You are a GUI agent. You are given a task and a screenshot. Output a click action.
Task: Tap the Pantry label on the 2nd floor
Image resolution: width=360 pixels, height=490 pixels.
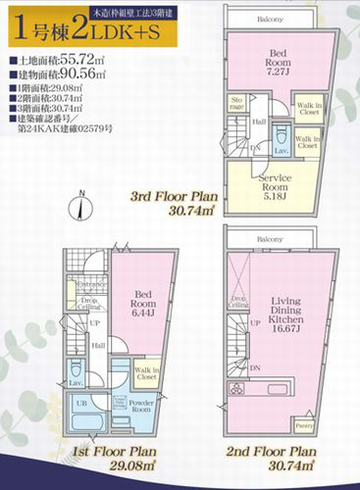click(305, 426)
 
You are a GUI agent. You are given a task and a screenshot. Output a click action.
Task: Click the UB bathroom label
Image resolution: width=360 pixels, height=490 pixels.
click(81, 403)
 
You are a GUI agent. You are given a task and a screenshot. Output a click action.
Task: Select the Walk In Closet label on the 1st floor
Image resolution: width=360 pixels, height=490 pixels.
click(120, 370)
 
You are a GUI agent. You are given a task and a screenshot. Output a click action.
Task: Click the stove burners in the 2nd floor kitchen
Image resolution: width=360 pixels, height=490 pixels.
click(240, 389)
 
